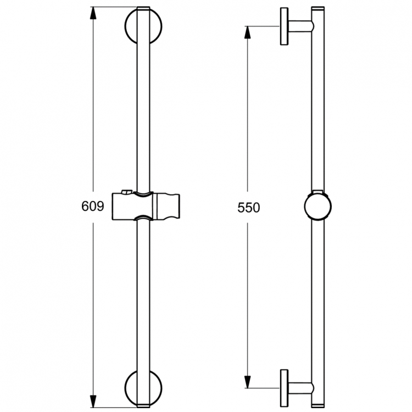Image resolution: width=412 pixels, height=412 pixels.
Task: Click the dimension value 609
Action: [x=93, y=207]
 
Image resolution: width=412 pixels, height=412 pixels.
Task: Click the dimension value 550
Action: [x=248, y=208]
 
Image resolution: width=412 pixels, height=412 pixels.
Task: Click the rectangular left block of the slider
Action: [x=122, y=207]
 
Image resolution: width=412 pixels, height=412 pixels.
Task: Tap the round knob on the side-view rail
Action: [x=318, y=207]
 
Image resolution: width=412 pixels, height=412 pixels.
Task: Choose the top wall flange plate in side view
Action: [x=284, y=26]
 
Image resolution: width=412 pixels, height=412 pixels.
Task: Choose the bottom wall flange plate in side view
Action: [x=284, y=388]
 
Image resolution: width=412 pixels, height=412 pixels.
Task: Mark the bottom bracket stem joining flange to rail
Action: [x=300, y=388]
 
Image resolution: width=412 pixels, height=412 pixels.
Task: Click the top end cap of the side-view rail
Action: [x=318, y=9]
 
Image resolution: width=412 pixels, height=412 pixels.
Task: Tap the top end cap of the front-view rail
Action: [x=143, y=9]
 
